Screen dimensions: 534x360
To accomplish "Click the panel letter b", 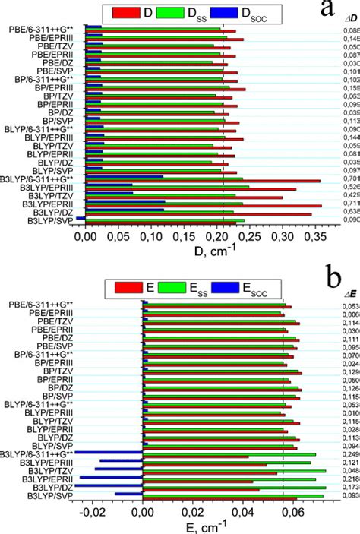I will pyautogui.click(x=332, y=276).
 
